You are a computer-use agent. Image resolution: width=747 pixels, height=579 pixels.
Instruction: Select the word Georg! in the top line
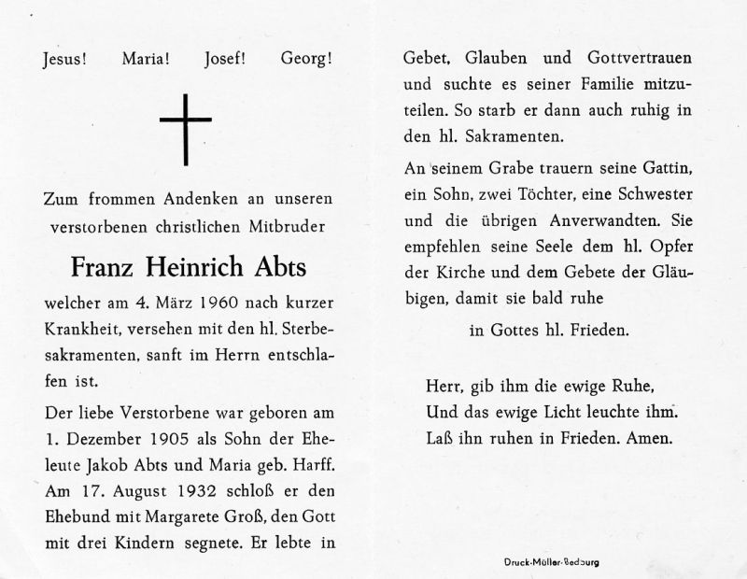click(305, 58)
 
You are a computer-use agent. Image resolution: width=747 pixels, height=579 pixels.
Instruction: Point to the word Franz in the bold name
click(101, 267)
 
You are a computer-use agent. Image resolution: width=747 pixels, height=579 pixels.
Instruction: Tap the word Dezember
click(97, 437)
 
